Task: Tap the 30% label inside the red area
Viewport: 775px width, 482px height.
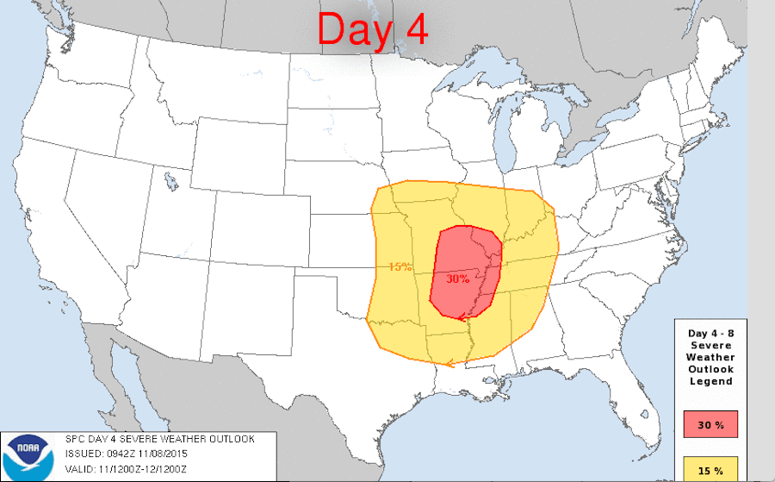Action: [457, 279]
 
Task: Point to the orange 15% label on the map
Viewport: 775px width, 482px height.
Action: [400, 266]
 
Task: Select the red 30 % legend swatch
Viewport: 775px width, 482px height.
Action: [710, 424]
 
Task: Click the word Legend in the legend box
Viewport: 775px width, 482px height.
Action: [710, 381]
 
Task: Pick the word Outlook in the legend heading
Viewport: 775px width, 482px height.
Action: [710, 369]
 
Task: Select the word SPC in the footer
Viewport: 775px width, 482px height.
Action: [76, 439]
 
